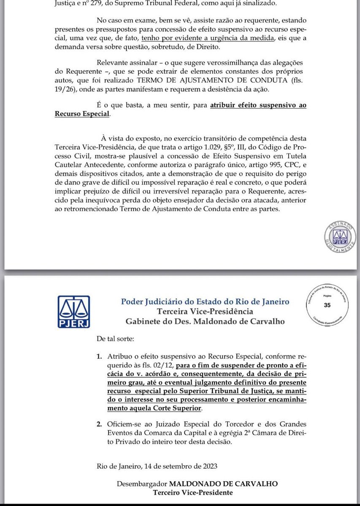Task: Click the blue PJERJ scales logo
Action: tap(74, 312)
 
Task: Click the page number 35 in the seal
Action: tap(327, 305)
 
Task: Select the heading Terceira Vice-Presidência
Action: tap(205, 312)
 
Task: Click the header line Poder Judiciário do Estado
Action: tap(205, 301)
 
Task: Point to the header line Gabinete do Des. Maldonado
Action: tap(205, 321)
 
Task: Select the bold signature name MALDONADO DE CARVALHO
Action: tap(224, 484)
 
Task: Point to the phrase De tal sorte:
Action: tap(115, 338)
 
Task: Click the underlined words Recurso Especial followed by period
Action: tap(82, 114)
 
